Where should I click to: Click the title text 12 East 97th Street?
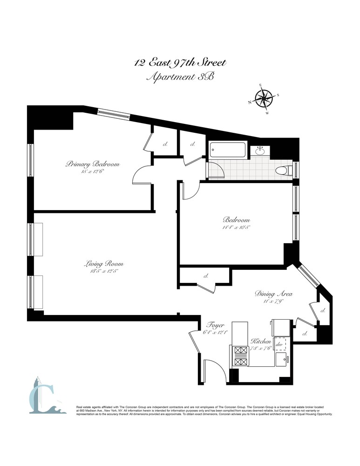pyautogui.click(x=181, y=63)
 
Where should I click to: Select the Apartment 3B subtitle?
pyautogui.click(x=180, y=77)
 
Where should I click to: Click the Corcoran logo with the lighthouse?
pyautogui.click(x=44, y=395)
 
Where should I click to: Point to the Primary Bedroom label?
pyautogui.click(x=93, y=164)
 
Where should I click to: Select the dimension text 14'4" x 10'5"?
pyautogui.click(x=236, y=228)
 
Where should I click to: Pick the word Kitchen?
pyautogui.click(x=261, y=342)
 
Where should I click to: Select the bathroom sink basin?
pyautogui.click(x=260, y=151)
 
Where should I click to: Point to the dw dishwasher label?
pyautogui.click(x=280, y=345)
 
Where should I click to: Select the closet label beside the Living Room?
pyautogui.click(x=205, y=276)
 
